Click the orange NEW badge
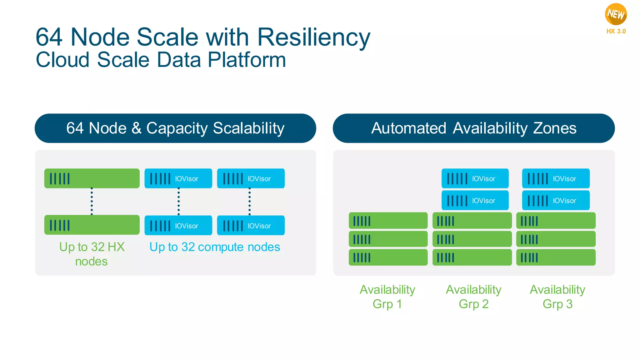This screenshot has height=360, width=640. tap(616, 14)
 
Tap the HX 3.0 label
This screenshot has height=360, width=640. tap(616, 31)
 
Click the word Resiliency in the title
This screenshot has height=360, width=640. tap(313, 37)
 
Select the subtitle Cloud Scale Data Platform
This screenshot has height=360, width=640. tap(161, 60)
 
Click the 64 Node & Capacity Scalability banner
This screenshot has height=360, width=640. tap(175, 128)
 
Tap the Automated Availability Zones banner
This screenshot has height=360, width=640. tap(474, 128)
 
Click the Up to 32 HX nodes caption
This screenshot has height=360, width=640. tap(92, 254)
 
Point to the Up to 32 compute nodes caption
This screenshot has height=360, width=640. tap(215, 247)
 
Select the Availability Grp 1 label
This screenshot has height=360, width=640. tap(387, 297)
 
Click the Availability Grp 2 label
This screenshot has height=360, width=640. tap(473, 297)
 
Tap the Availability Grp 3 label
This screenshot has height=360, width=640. tap(557, 297)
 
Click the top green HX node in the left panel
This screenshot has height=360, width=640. tap(92, 178)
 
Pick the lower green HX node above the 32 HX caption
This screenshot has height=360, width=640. tap(92, 225)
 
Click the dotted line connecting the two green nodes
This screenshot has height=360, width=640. tap(92, 202)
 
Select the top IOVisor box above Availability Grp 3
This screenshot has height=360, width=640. tap(556, 178)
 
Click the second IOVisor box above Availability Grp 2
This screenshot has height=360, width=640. tap(475, 200)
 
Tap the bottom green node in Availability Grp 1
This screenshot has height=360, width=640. tap(388, 257)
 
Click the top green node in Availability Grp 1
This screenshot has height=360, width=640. tap(388, 221)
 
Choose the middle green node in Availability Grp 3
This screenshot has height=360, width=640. tap(556, 239)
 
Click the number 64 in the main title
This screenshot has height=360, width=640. tap(49, 37)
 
